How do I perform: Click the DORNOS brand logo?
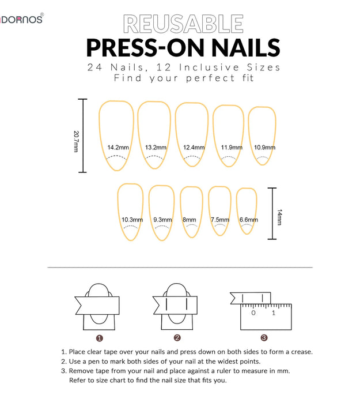point(22,19)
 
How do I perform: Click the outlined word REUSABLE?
point(183,24)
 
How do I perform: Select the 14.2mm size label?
point(118,148)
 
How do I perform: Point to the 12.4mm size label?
point(194,148)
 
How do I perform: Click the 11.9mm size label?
point(232,148)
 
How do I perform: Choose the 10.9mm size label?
point(264,148)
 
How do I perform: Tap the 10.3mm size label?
point(132,220)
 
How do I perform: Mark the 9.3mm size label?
point(162,220)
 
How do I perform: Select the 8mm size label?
point(190,220)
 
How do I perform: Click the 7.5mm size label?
point(219,220)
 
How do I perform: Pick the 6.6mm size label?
point(248,220)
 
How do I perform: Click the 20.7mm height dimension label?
point(75,141)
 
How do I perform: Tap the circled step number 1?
point(100,338)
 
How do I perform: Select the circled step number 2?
point(177,338)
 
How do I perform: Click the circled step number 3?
point(264,338)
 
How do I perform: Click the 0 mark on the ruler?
point(253,313)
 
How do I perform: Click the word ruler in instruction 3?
point(230,371)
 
